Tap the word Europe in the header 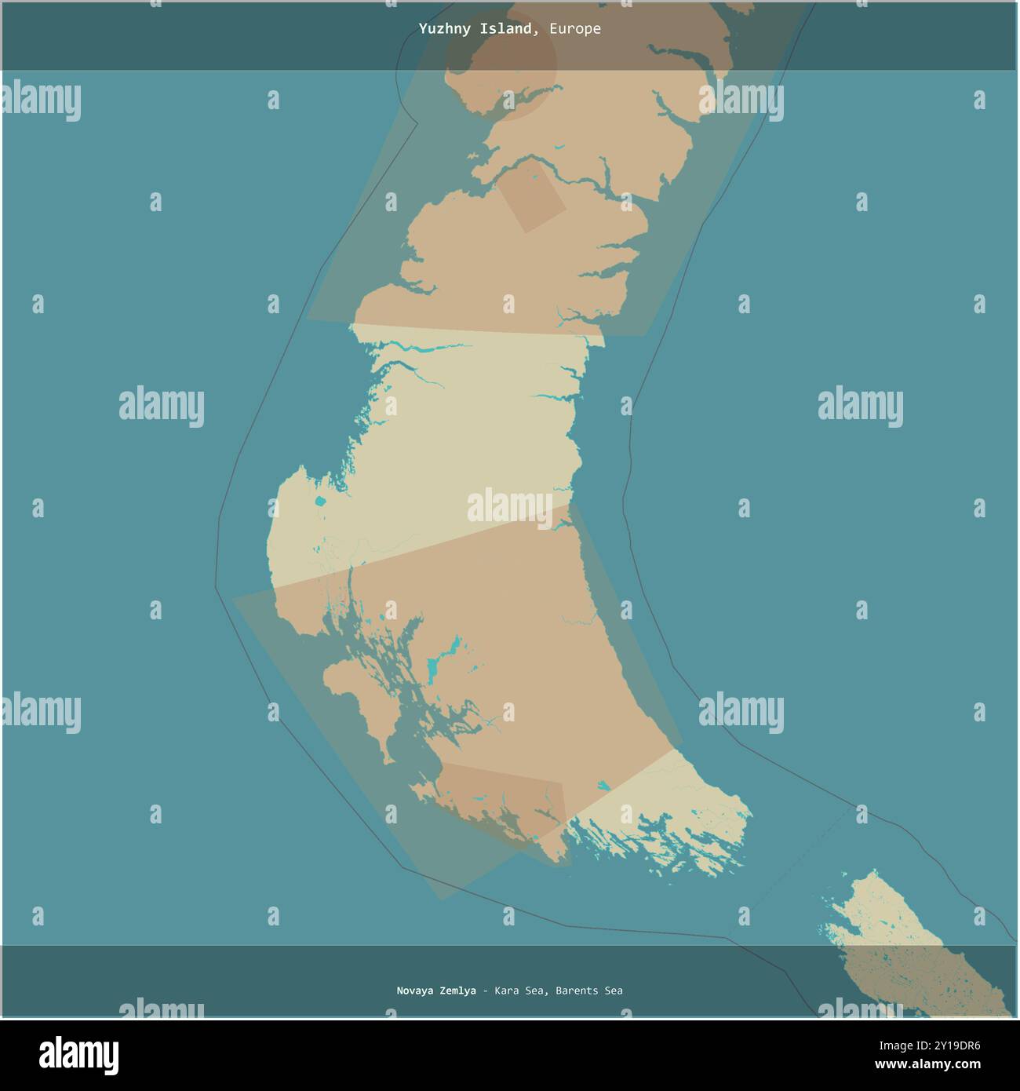(574, 29)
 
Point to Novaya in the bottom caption (416, 991)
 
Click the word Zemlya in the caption (458, 991)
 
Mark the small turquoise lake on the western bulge (319, 502)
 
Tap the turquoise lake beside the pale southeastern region (603, 784)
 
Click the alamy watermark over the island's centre (510, 506)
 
